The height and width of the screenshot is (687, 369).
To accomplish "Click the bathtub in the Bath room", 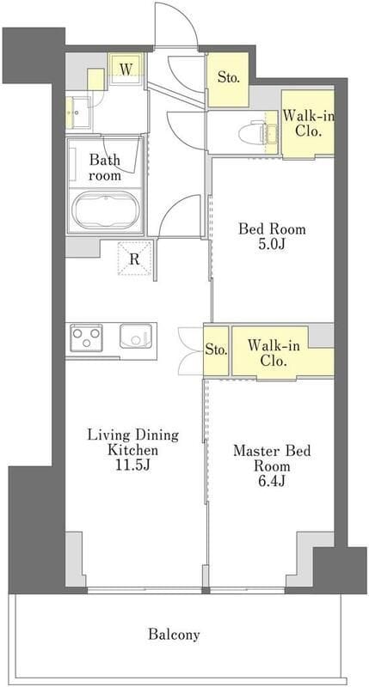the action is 105,210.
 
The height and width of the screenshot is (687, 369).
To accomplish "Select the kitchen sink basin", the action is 136,336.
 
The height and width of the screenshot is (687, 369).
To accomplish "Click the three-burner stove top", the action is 86,337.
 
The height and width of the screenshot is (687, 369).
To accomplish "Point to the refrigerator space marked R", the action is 135,258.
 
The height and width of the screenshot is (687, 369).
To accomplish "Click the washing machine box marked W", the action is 126,69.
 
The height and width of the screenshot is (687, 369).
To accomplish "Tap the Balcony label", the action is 174,634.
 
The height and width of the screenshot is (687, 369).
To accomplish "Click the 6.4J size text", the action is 272,481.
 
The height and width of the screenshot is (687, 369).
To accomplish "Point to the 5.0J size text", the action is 272,244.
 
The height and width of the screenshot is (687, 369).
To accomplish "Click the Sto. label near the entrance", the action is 229,79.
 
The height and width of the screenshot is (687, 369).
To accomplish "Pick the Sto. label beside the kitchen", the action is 216,350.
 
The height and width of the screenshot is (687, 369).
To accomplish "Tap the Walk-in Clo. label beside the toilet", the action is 309,124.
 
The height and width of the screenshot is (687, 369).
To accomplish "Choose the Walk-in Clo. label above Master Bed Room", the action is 274,353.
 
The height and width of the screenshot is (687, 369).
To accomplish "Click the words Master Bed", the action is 272,451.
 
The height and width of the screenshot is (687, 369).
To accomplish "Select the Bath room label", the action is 105,167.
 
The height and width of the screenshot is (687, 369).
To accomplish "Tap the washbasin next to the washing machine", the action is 78,112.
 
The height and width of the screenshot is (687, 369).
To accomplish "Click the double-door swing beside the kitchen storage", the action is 191,350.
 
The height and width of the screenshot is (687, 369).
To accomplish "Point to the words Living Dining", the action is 133,435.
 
